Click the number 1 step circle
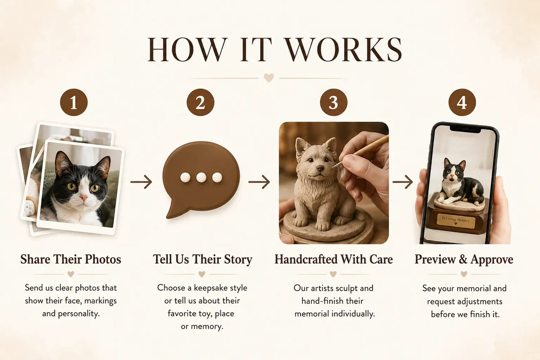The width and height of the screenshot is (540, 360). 74,102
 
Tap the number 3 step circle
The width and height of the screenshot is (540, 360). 333,102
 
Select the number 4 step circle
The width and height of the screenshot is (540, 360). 462,102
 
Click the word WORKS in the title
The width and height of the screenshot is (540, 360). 344,49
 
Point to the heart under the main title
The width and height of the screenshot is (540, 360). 269,78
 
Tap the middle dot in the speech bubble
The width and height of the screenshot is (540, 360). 201,177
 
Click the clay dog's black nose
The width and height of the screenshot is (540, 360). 320,168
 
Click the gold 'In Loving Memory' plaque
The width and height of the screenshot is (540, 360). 456,221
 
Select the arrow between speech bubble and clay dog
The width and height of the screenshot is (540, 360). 259,182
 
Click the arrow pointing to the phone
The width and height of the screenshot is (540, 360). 403,182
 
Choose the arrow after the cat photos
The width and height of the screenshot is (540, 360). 141,182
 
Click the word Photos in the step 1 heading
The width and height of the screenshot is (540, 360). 103,260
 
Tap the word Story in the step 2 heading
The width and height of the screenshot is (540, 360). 238,260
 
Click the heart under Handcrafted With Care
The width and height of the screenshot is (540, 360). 333,274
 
